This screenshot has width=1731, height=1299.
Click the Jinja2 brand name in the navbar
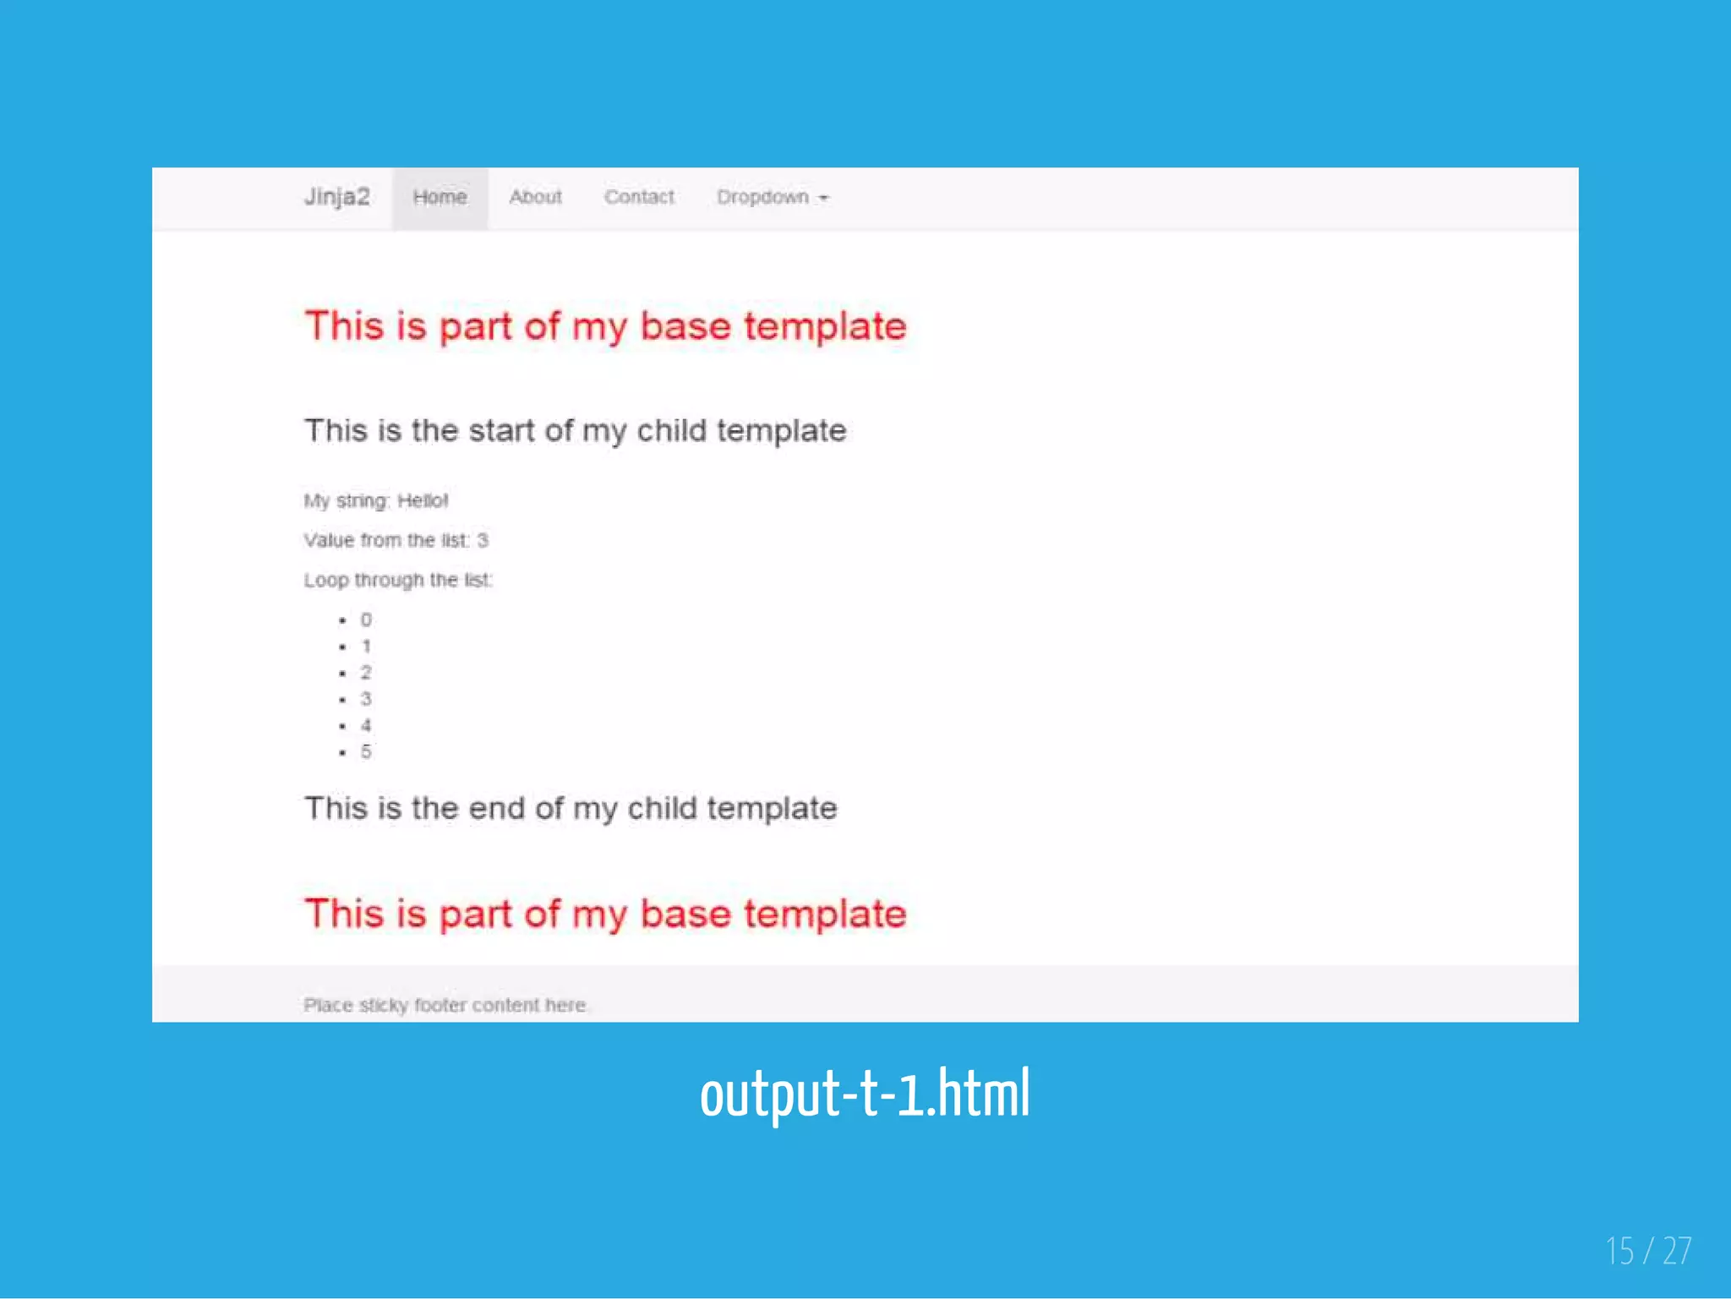pyautogui.click(x=336, y=197)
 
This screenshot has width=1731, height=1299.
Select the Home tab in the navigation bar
pyautogui.click(x=440, y=197)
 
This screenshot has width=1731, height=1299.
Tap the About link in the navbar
pyautogui.click(x=535, y=197)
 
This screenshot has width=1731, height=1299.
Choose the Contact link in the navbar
pyautogui.click(x=639, y=197)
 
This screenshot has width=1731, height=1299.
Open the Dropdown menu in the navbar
pyautogui.click(x=763, y=197)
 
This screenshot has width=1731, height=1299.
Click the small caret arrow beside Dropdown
pyautogui.click(x=824, y=198)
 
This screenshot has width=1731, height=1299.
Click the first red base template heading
pyautogui.click(x=605, y=326)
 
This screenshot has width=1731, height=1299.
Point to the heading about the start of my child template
pyautogui.click(x=575, y=431)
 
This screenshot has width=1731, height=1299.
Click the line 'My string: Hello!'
pyautogui.click(x=376, y=500)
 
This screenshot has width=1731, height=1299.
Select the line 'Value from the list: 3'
pyautogui.click(x=396, y=540)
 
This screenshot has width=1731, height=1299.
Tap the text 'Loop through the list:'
pyautogui.click(x=397, y=580)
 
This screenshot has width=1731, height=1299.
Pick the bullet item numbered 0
pyautogui.click(x=366, y=619)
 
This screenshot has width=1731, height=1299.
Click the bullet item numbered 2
pyautogui.click(x=366, y=673)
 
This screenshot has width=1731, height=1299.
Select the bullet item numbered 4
pyautogui.click(x=366, y=725)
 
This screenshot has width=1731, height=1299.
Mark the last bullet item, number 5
pyautogui.click(x=366, y=751)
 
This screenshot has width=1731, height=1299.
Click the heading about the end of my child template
pyautogui.click(x=571, y=809)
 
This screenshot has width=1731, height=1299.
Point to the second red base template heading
pyautogui.click(x=605, y=914)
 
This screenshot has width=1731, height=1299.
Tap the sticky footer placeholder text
pyautogui.click(x=445, y=1005)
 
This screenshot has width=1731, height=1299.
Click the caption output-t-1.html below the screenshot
pyautogui.click(x=865, y=1094)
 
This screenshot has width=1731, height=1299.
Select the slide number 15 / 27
pyautogui.click(x=1648, y=1251)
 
